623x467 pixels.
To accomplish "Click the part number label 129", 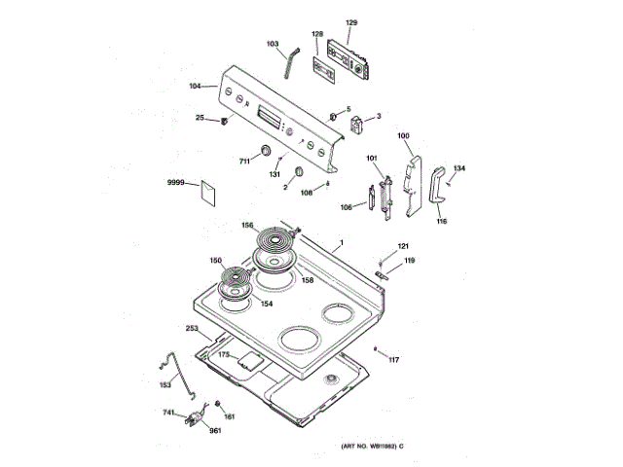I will point(351,21).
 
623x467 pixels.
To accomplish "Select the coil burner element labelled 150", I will point(235,283).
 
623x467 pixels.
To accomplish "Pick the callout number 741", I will point(169,413).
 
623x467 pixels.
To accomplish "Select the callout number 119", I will point(410,261).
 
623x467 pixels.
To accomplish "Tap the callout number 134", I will point(459,168).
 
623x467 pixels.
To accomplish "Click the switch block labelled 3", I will point(357,124).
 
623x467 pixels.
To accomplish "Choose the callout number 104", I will point(195,87).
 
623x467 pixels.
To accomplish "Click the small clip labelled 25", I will point(225,121).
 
